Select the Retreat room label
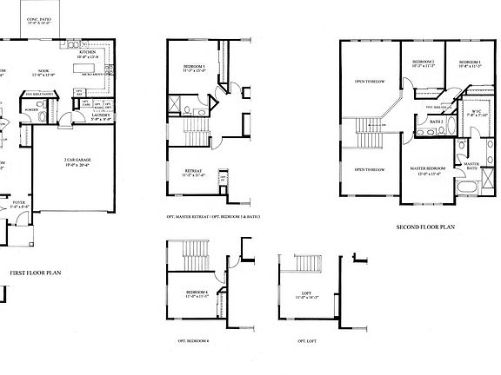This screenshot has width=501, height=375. tap(193, 173)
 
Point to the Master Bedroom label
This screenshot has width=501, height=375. tap(428, 170)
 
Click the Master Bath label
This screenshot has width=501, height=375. tap(471, 166)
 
